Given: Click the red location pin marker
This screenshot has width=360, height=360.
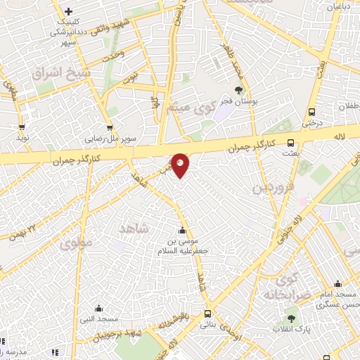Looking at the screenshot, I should click(180, 164).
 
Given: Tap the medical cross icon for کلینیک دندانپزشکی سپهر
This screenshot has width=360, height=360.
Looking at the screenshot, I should click(68, 11).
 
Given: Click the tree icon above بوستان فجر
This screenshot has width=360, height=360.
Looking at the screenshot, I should click(238, 89).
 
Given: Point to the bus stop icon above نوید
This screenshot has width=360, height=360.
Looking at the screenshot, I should click(22, 127).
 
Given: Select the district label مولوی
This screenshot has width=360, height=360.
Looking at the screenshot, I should click(76, 244).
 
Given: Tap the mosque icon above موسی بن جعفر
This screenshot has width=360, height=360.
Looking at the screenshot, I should click(183, 231).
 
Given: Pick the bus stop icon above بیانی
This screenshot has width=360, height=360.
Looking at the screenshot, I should click(207, 314).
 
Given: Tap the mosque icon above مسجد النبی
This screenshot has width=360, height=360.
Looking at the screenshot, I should click(98, 308).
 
